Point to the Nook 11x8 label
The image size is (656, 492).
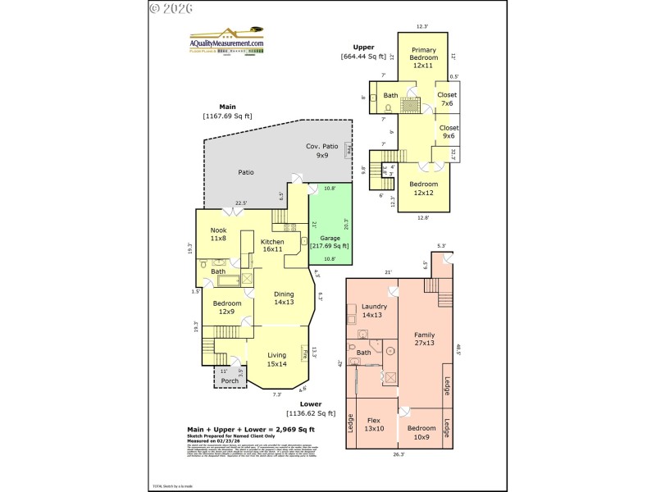pos(218,235)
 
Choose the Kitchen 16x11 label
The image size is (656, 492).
pos(272,246)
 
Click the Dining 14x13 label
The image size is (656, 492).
pos(284,298)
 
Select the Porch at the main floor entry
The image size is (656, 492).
pos(230,380)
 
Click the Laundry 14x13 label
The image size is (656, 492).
pos(373,311)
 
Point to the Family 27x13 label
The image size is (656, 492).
pos(424,339)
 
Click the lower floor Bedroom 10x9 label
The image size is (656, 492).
pos(421,433)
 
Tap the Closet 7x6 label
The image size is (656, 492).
pos(449,100)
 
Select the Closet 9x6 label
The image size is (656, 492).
pos(449,132)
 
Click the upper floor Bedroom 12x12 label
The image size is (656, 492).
pos(424,189)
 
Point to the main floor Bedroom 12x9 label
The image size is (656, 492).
pos(228,307)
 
